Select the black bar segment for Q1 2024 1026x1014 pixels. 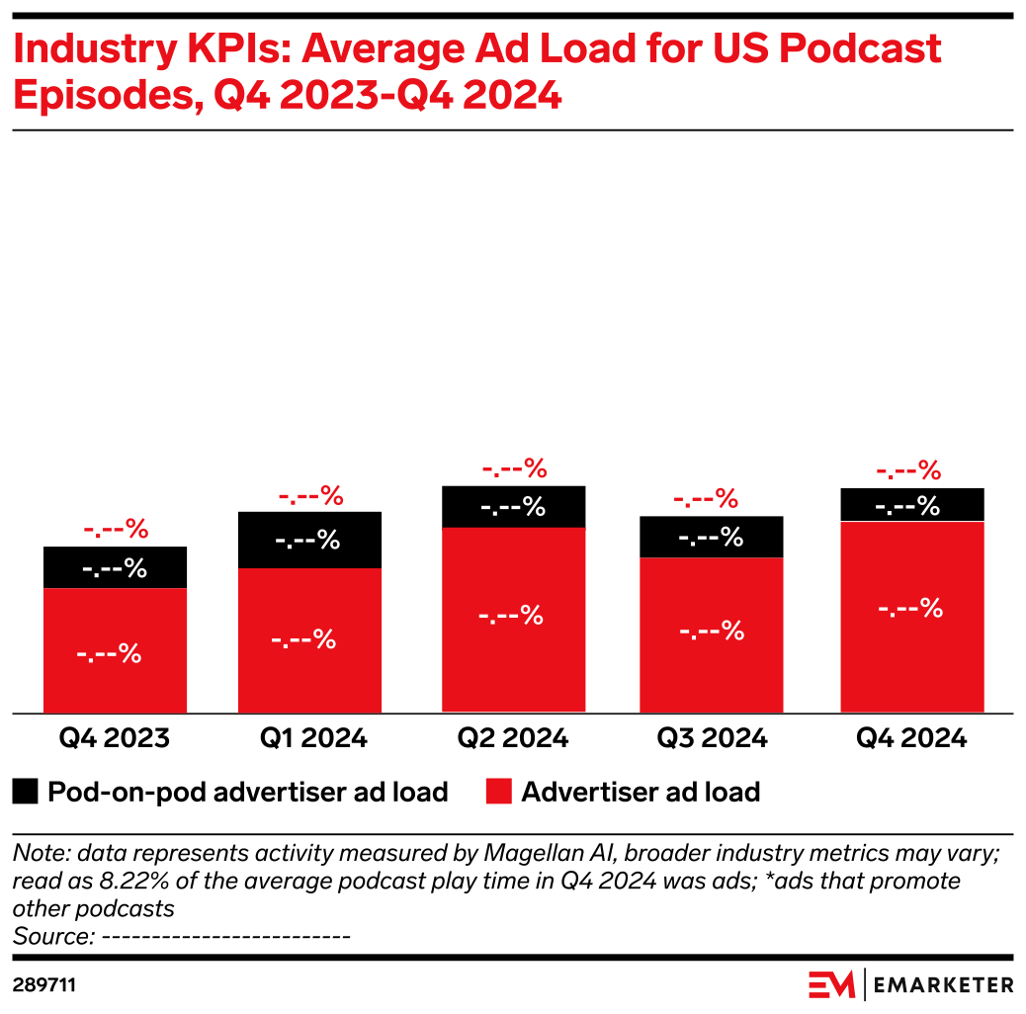pyautogui.click(x=309, y=540)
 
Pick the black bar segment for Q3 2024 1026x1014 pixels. pyautogui.click(x=712, y=537)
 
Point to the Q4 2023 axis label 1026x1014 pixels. pyautogui.click(x=115, y=737)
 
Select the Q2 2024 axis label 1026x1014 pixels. pyautogui.click(x=513, y=737)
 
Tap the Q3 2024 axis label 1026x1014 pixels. pyautogui.click(x=712, y=737)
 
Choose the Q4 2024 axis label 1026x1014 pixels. pyautogui.click(x=911, y=737)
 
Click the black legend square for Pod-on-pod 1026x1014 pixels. pyautogui.click(x=27, y=792)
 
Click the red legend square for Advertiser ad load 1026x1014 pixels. pyautogui.click(x=499, y=792)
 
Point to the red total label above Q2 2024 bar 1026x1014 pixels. pyautogui.click(x=513, y=467)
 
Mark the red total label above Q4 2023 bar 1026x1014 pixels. pyautogui.click(x=115, y=530)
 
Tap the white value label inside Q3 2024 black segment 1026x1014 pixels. pyautogui.click(x=711, y=538)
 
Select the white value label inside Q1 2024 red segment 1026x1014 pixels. pyautogui.click(x=303, y=639)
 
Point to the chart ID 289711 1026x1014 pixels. pyautogui.click(x=44, y=985)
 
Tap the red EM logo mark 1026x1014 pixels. pyautogui.click(x=831, y=984)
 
